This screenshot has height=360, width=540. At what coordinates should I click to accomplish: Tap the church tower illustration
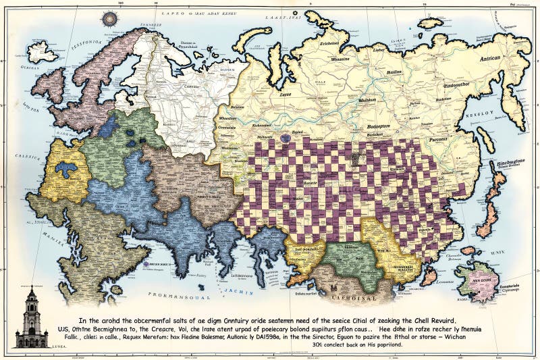[31, 317]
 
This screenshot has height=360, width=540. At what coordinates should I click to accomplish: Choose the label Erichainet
[329, 43]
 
